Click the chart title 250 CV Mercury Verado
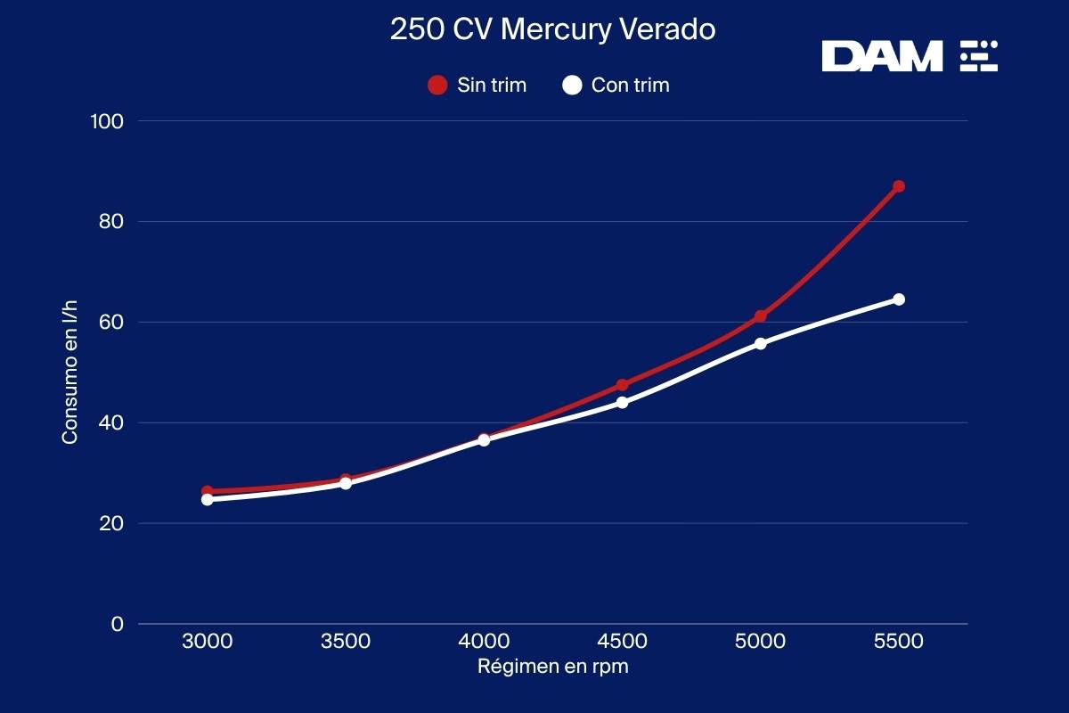(552, 29)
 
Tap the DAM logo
(909, 56)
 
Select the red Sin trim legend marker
(437, 86)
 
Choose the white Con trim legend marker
(573, 86)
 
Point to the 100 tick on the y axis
(107, 120)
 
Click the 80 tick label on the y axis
(110, 221)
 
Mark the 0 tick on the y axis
(117, 624)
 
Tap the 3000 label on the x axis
(208, 642)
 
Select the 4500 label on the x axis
(622, 642)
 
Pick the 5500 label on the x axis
(898, 642)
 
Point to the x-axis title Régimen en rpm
(552, 667)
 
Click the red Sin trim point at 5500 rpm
(899, 186)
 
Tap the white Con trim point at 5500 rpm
(899, 299)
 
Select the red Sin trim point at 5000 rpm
(761, 316)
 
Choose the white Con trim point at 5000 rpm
(761, 343)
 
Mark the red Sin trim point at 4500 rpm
(622, 386)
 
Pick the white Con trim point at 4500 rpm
(622, 402)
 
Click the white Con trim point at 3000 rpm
(208, 499)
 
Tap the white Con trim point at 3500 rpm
(346, 483)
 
